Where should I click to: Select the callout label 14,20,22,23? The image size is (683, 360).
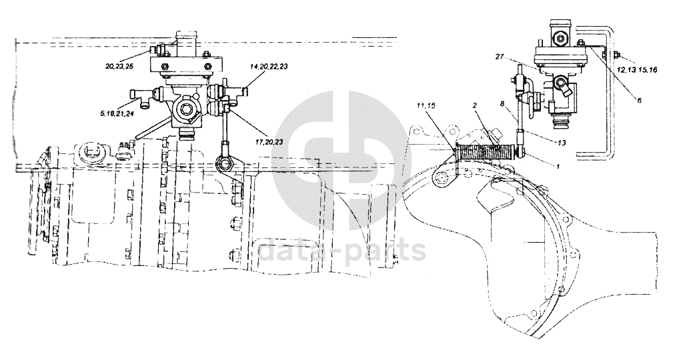click(269, 67)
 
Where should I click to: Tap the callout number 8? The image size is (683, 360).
click(502, 103)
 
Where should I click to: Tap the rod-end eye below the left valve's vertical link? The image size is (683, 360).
click(225, 161)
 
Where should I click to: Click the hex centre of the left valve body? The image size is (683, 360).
click(184, 107)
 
